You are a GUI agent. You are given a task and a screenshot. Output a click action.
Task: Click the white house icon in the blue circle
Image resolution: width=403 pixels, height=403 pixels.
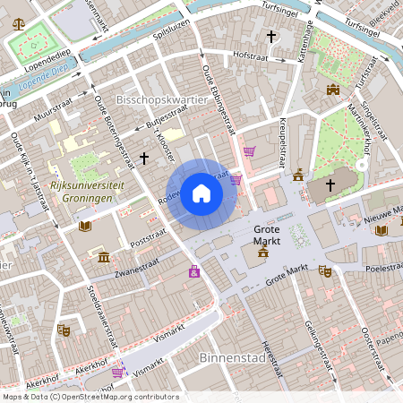[x=201, y=193]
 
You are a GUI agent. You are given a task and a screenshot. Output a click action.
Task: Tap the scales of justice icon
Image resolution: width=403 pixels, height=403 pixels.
[x=19, y=22]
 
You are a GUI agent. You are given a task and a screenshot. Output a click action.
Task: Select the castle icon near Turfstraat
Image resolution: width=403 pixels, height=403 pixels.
[x=333, y=90]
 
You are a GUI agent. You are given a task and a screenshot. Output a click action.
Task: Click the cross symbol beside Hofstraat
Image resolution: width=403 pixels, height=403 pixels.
[x=271, y=37]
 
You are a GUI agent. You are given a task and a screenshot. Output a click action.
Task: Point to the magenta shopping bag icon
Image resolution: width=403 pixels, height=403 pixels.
[x=194, y=271]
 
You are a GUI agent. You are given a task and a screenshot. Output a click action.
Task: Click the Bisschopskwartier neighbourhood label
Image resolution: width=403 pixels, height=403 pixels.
[x=162, y=100]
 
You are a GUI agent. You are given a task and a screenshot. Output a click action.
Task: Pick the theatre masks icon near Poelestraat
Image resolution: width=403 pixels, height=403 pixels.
[x=325, y=270]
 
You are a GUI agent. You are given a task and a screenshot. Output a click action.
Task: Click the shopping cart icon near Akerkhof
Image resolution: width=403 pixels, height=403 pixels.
[x=117, y=372]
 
